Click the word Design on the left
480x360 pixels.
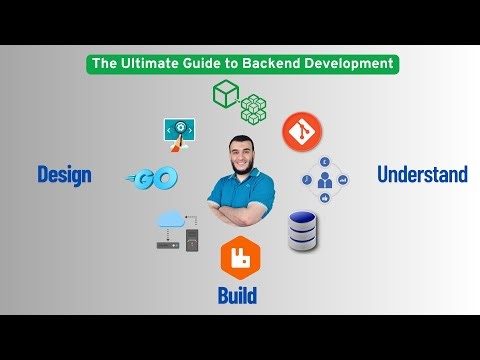tap(64, 175)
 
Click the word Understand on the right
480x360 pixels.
tap(422, 175)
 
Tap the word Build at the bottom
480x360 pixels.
tap(237, 295)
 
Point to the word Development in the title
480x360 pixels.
tap(349, 63)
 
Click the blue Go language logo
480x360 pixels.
tap(155, 178)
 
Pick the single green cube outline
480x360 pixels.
tap(225, 95)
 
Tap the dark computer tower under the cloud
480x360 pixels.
tap(191, 241)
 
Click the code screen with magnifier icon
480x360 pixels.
tap(178, 132)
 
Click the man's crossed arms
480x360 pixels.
tap(240, 213)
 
